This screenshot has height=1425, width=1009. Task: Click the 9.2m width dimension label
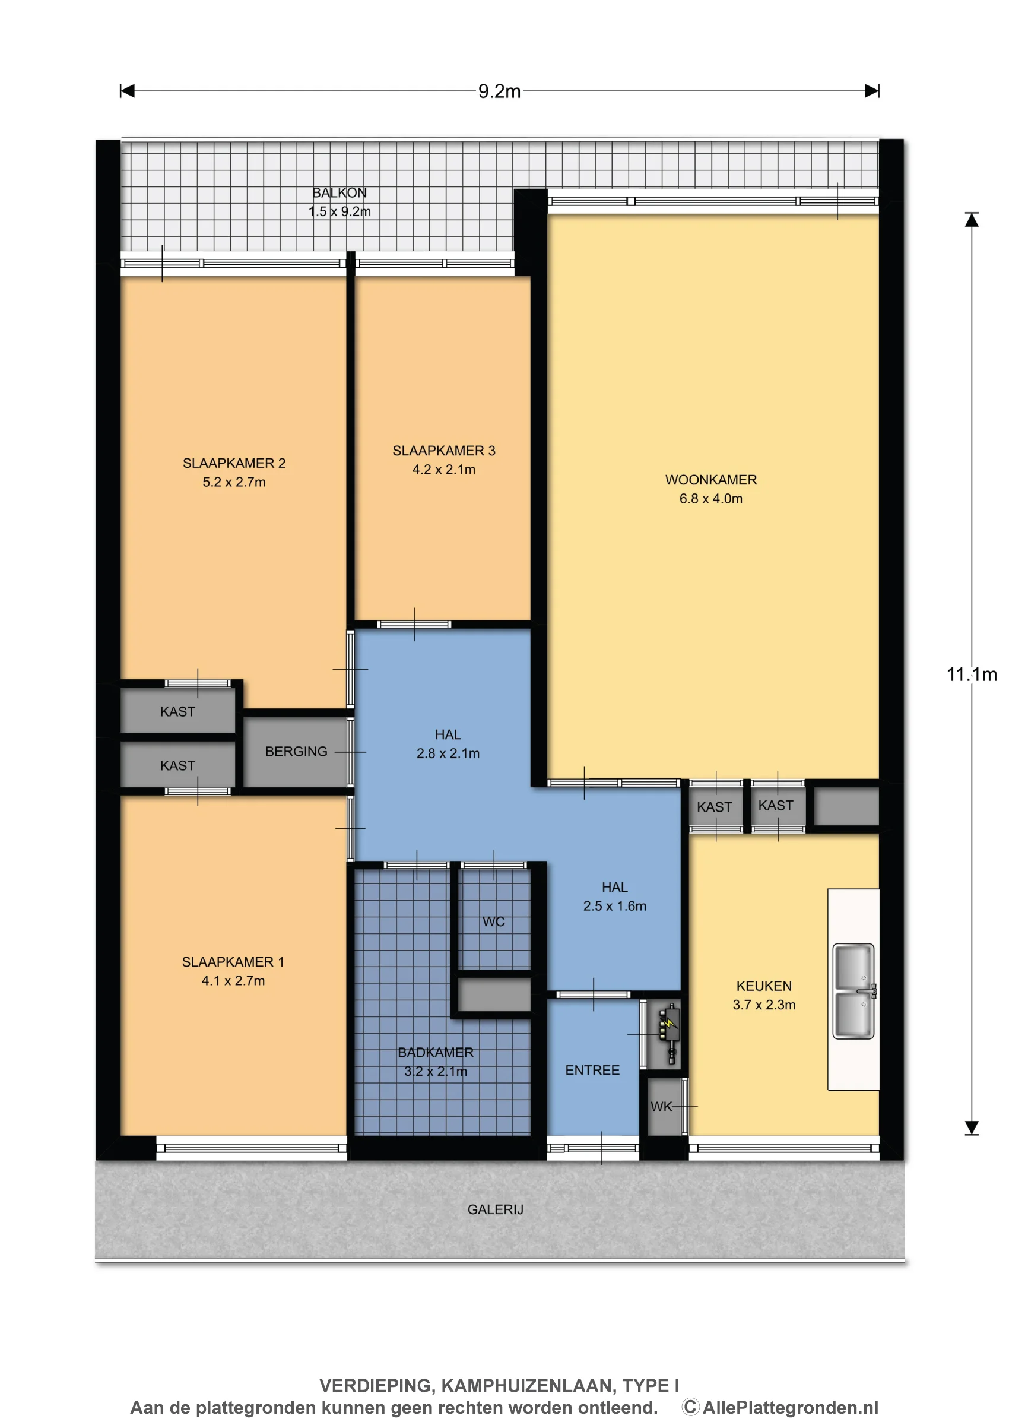499,91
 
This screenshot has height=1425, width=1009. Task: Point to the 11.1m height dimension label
971,674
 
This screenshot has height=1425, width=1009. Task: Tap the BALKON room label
339,192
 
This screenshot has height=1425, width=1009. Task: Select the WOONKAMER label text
711,480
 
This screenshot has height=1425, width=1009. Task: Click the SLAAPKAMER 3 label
443,451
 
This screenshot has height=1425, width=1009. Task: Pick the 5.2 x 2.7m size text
234,482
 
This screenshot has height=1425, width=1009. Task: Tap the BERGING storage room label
296,751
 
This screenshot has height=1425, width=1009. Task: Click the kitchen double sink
854,990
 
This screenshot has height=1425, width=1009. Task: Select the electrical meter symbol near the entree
668,1034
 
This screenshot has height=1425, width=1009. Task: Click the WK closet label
661,1106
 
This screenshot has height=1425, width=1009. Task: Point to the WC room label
493,921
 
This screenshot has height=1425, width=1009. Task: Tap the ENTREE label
592,1070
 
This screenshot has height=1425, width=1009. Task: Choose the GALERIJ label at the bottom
495,1209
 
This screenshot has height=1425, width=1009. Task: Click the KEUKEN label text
764,986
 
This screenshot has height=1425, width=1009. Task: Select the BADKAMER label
435,1052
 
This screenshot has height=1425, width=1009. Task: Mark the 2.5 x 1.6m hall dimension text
614,906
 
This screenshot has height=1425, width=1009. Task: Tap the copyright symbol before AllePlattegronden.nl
691,1408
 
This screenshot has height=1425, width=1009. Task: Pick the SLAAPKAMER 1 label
233,962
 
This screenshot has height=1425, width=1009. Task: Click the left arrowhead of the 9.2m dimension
128,91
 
